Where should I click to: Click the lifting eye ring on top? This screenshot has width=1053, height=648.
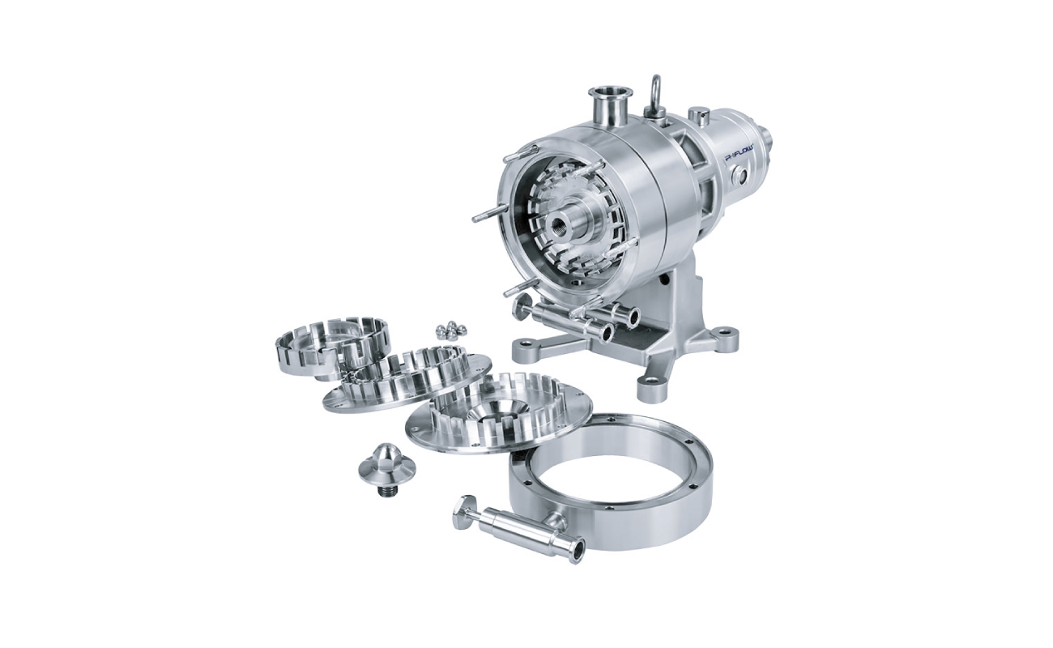(654, 90)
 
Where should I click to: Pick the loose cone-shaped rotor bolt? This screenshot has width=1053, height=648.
(387, 467)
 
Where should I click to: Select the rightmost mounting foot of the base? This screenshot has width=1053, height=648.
(725, 339)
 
